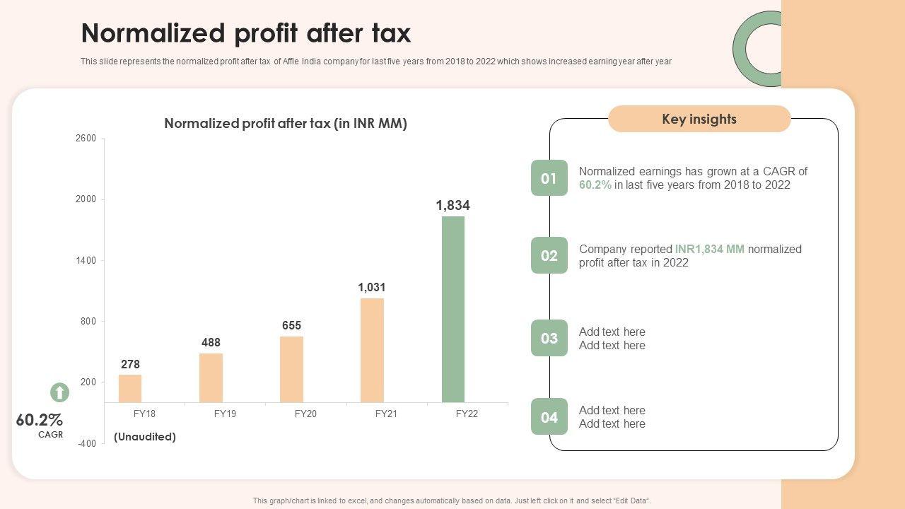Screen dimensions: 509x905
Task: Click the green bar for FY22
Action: tap(453, 309)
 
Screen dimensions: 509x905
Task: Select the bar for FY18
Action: tap(130, 389)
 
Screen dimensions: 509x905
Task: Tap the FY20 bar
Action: tap(291, 369)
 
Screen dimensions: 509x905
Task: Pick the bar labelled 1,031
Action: tap(372, 350)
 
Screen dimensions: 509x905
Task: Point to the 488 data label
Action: tap(211, 343)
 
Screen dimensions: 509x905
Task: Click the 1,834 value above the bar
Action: tap(452, 206)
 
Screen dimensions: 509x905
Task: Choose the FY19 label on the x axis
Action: tap(225, 414)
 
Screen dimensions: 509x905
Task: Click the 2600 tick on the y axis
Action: tap(86, 139)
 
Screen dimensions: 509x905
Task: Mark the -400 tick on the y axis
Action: tap(86, 443)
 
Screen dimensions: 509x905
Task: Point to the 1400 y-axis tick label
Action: tap(86, 261)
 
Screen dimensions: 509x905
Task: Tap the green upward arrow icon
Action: tap(59, 392)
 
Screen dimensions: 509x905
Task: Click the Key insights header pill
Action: tap(699, 119)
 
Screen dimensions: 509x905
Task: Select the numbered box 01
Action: tap(549, 178)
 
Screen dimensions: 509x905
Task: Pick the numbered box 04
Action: tap(549, 417)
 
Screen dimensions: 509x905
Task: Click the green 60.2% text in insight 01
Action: tap(595, 185)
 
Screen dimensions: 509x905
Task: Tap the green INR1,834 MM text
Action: tap(709, 249)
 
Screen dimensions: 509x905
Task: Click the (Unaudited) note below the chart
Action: tap(145, 437)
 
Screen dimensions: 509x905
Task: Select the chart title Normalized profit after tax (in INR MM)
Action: tap(286, 124)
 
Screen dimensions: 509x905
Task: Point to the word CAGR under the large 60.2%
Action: tap(50, 435)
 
